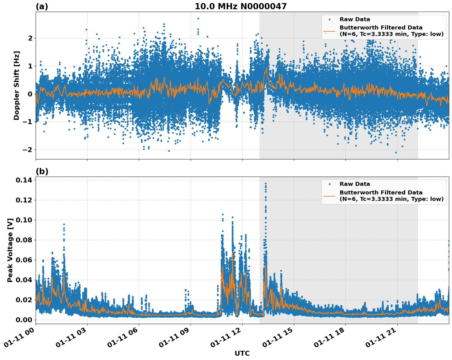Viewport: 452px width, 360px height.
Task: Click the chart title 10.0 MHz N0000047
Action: (x=240, y=6)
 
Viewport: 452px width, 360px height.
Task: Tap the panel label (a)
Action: (x=42, y=6)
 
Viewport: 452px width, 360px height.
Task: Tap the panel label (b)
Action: (x=42, y=171)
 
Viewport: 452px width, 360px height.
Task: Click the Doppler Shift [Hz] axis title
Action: (x=17, y=85)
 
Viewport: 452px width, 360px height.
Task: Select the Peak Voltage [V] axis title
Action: (x=10, y=250)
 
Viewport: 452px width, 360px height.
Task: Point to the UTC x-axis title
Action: (x=242, y=353)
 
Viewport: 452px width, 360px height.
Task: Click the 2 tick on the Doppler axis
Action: (x=30, y=38)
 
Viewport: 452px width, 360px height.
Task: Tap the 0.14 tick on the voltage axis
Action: (x=24, y=180)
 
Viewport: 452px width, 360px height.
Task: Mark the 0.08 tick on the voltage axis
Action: (x=24, y=240)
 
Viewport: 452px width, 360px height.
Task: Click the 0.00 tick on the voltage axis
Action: (x=24, y=320)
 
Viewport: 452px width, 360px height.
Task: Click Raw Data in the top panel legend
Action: (x=355, y=19)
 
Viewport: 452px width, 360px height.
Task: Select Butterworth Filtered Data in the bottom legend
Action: (x=381, y=193)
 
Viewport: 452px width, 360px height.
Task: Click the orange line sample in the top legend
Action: (x=329, y=31)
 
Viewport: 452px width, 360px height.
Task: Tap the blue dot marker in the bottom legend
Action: (x=329, y=184)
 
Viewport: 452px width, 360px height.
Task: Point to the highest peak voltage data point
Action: (x=266, y=184)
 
